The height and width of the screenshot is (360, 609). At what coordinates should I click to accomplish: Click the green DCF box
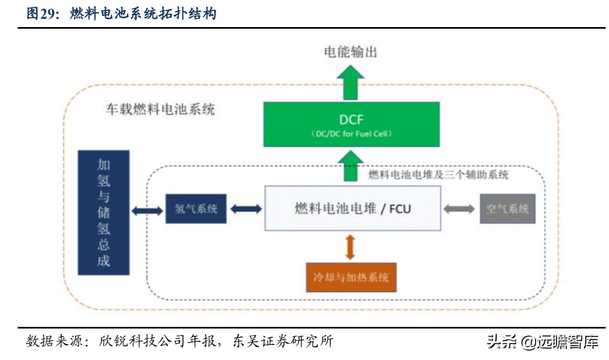click(352, 124)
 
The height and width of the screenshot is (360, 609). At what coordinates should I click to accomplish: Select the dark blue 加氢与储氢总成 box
click(104, 213)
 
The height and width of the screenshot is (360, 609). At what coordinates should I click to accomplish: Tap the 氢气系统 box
click(195, 209)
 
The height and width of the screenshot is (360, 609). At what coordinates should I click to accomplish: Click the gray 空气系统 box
click(507, 209)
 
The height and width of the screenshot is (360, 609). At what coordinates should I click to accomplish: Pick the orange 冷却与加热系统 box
click(352, 277)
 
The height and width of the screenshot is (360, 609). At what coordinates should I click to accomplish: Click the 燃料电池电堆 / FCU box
click(353, 208)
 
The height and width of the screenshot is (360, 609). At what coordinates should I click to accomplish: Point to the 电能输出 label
click(351, 52)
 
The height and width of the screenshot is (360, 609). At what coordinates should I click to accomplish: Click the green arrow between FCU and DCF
click(351, 165)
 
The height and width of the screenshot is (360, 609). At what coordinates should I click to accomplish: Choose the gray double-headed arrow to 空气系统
click(459, 209)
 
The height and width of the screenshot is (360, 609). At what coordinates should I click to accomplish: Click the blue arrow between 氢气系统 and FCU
click(246, 209)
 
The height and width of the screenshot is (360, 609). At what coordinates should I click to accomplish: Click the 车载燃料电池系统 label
click(160, 109)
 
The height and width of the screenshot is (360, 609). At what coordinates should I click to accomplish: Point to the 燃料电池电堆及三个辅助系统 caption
click(438, 175)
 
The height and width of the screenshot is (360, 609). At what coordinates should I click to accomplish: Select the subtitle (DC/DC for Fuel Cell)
click(352, 134)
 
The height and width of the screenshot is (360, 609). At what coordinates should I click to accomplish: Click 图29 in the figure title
click(43, 14)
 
